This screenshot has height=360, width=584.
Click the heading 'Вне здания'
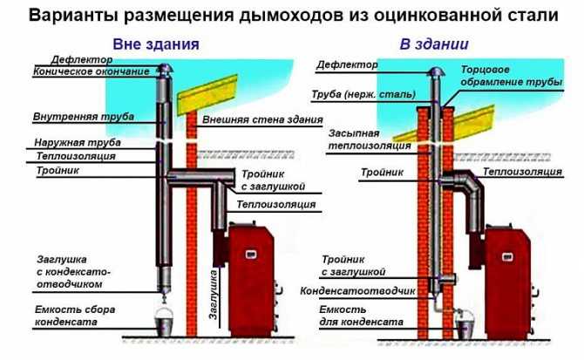156,44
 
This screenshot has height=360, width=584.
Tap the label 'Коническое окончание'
79,71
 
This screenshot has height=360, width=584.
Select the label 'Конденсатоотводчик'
357,291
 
